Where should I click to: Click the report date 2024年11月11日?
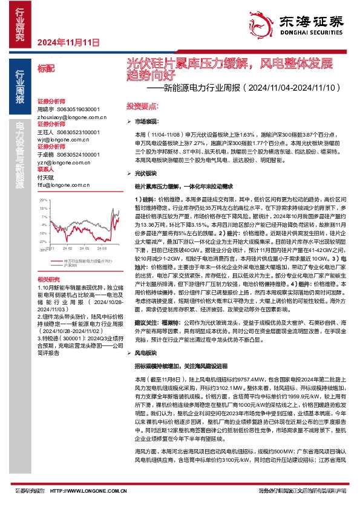pyautogui.click(x=68, y=42)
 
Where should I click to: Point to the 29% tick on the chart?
pyautogui.click(x=43, y=199)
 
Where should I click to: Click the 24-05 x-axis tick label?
pyautogui.click(x=86, y=248)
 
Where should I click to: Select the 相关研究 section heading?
pyautogui.click(x=46, y=279)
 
